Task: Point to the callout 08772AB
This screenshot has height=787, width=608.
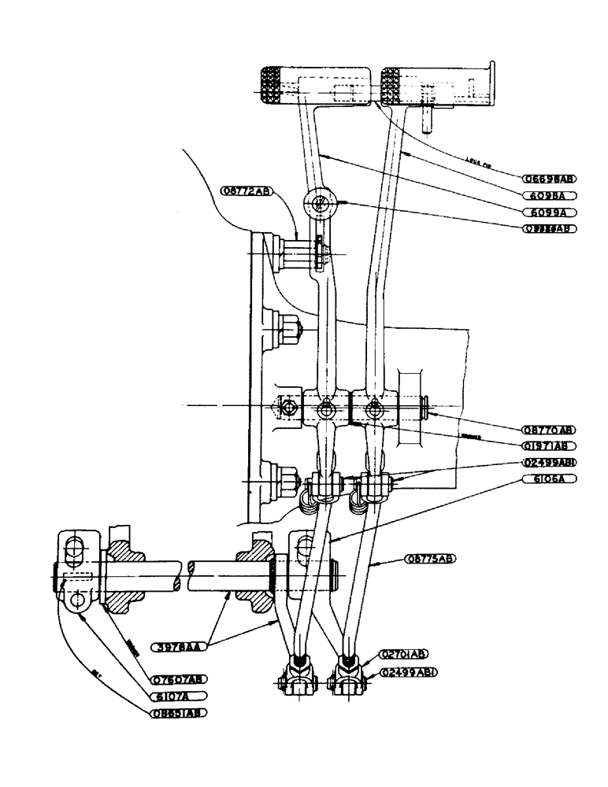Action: pos(246,191)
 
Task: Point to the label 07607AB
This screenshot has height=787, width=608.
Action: pos(178,679)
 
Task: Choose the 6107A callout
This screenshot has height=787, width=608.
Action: pos(178,696)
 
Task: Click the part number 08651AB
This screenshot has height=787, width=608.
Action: pos(178,714)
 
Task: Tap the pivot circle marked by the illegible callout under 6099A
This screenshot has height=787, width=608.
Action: pos(319,203)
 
